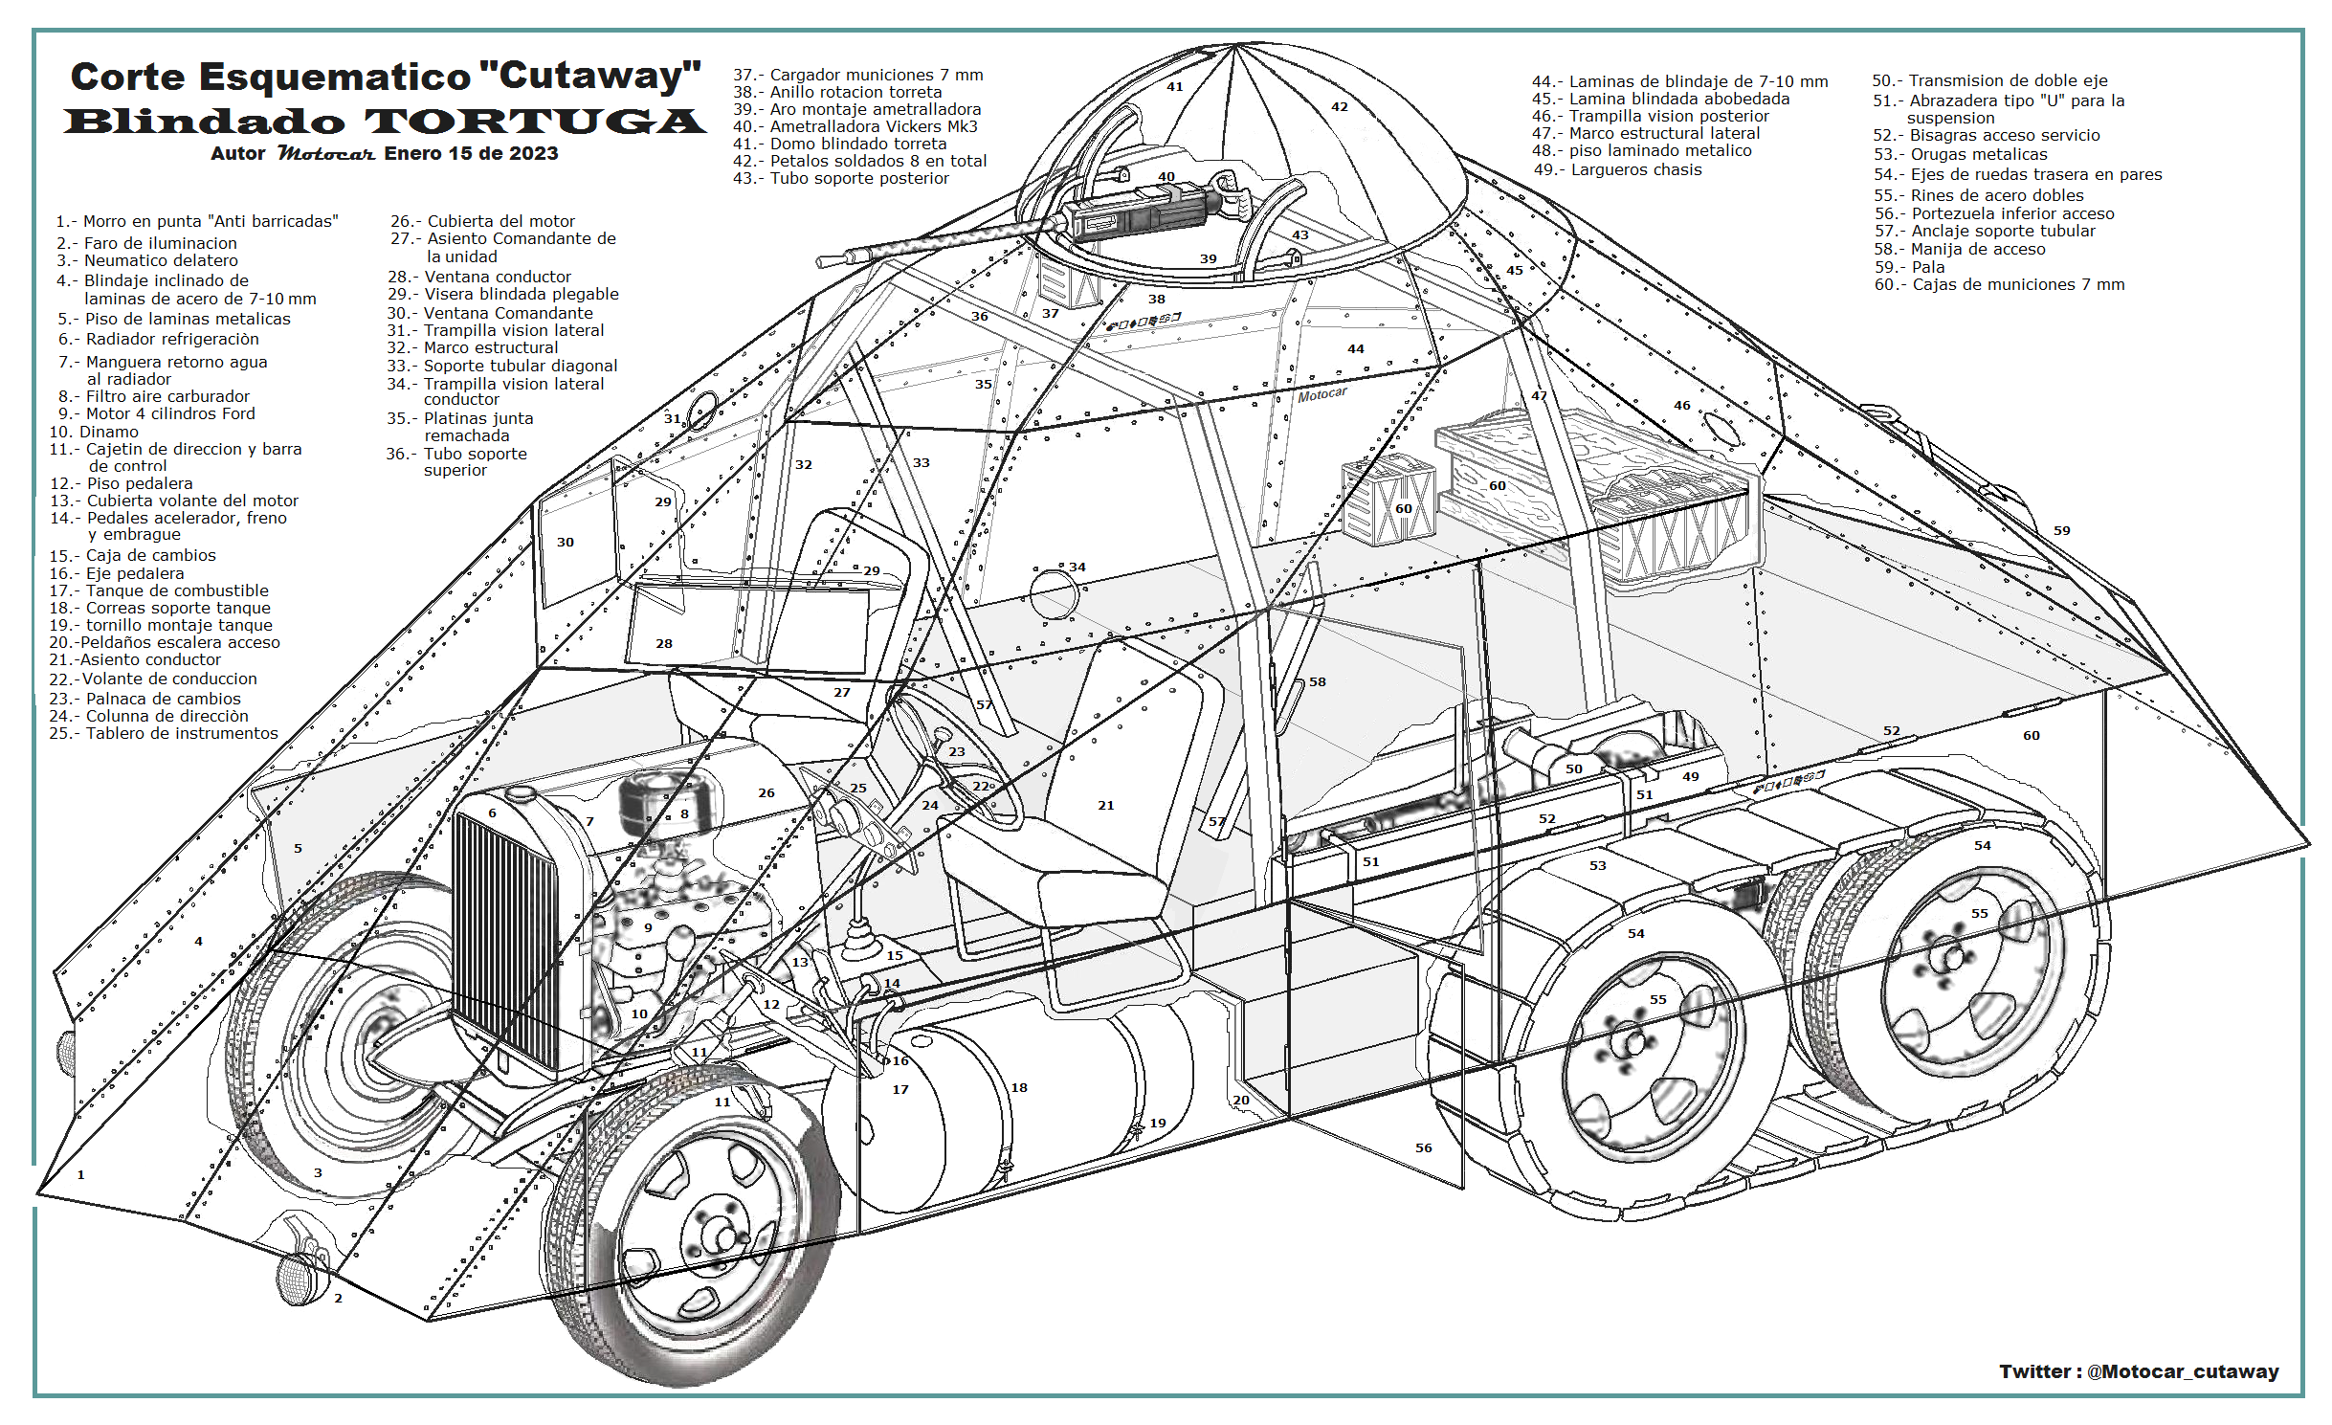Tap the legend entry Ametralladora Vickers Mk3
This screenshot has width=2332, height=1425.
click(x=855, y=126)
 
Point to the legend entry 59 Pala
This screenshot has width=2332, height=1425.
click(x=1909, y=267)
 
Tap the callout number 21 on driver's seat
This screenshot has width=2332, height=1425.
click(x=1105, y=806)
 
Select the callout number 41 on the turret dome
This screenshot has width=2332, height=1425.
click(x=1175, y=87)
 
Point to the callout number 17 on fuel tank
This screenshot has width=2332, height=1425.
click(x=900, y=1089)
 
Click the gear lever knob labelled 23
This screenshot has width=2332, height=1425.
click(x=942, y=735)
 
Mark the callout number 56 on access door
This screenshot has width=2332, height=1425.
click(x=1424, y=1147)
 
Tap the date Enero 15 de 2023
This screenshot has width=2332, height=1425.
click(x=471, y=154)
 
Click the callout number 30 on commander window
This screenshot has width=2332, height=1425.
click(x=566, y=542)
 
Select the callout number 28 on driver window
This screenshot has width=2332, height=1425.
click(x=664, y=643)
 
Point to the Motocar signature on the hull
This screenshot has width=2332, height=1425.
click(x=1321, y=394)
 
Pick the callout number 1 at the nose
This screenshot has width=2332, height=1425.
click(x=81, y=1174)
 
